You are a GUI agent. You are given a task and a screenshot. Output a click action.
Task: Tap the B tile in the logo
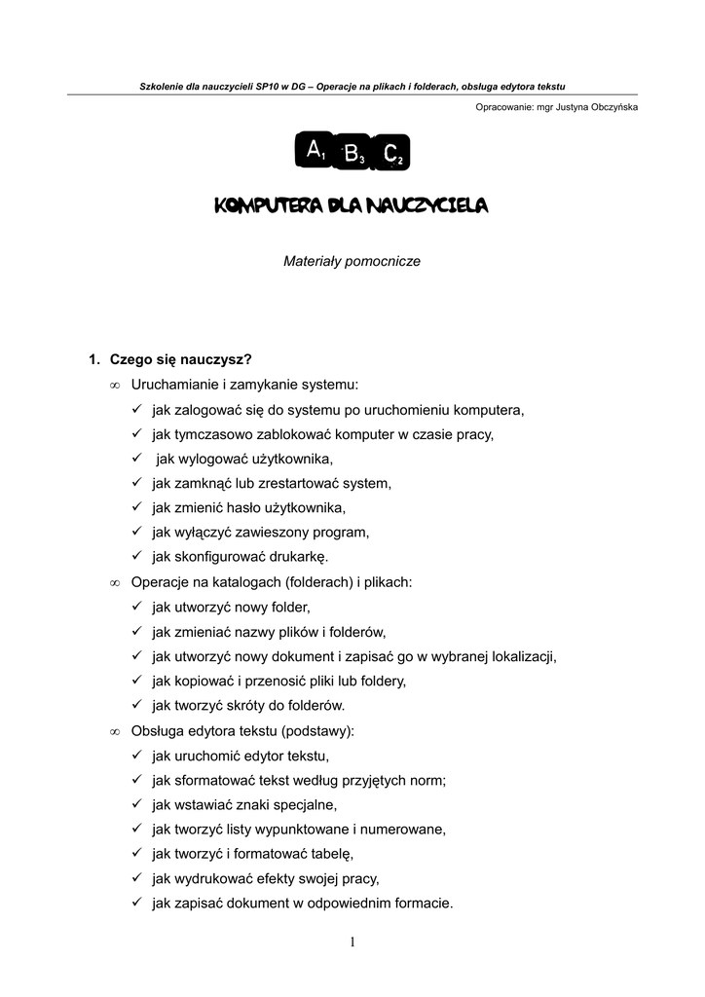pyautogui.click(x=352, y=153)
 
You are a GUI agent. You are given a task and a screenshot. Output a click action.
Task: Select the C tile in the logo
pyautogui.click(x=391, y=153)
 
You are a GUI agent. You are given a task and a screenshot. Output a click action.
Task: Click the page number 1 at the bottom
pyautogui.click(x=352, y=941)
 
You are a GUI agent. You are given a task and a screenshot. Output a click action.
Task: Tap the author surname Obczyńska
pyautogui.click(x=607, y=107)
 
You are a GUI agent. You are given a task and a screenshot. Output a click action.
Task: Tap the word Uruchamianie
pyautogui.click(x=173, y=385)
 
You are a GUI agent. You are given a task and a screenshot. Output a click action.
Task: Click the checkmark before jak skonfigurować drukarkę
pyautogui.click(x=137, y=557)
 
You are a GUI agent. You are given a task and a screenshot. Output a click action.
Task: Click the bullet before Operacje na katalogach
pyautogui.click(x=114, y=582)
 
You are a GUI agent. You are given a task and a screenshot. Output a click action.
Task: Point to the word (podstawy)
pyautogui.click(x=315, y=731)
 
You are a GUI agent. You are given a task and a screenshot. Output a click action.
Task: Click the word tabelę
pyautogui.click(x=329, y=854)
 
